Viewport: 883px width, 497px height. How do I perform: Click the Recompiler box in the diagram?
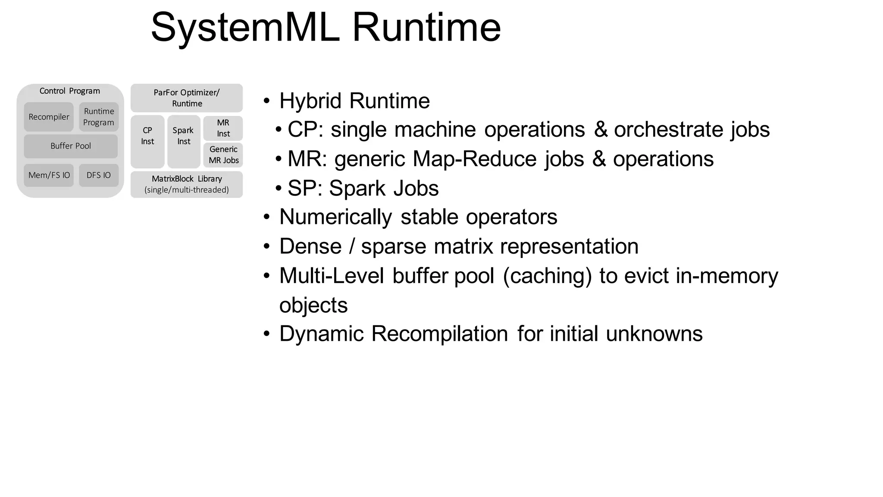click(49, 117)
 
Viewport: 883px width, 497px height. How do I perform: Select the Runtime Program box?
click(99, 117)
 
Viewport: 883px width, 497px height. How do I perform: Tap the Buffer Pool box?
click(71, 146)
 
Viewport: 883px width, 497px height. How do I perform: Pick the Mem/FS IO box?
click(49, 175)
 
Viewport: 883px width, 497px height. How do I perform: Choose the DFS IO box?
click(99, 175)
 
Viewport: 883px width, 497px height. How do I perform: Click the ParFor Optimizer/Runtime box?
click(187, 98)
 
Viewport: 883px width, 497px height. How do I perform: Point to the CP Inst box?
click(147, 142)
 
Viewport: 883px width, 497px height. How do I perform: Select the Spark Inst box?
click(184, 142)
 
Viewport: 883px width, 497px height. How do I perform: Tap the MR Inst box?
click(223, 128)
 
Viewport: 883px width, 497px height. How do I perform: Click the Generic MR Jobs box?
click(223, 155)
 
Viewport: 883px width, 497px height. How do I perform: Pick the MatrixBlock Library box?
click(187, 184)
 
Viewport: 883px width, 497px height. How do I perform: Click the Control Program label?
click(70, 91)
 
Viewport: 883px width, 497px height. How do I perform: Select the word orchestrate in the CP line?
click(668, 129)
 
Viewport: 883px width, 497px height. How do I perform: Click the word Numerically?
click(335, 217)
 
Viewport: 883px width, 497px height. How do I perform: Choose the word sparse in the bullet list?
click(393, 246)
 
